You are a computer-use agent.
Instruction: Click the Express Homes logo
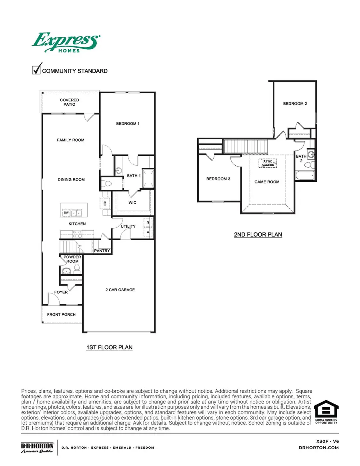click(x=66, y=42)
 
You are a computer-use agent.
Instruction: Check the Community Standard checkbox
click(x=36, y=69)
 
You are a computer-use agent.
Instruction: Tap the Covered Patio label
click(x=70, y=102)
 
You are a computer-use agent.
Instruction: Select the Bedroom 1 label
click(x=128, y=124)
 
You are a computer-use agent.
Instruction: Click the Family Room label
click(x=70, y=140)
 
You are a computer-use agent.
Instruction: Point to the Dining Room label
click(x=71, y=180)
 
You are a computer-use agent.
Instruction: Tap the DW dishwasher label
click(x=66, y=213)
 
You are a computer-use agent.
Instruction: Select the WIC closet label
click(x=132, y=203)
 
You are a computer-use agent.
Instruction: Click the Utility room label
click(x=128, y=227)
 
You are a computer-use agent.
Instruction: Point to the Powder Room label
click(x=72, y=259)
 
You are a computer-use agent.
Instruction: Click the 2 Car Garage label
click(x=120, y=290)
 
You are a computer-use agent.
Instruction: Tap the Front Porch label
click(x=62, y=315)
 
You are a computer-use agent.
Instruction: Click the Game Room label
click(x=267, y=182)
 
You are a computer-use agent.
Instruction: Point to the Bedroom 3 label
click(x=218, y=179)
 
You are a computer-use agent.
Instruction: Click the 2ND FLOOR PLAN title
click(x=258, y=235)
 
